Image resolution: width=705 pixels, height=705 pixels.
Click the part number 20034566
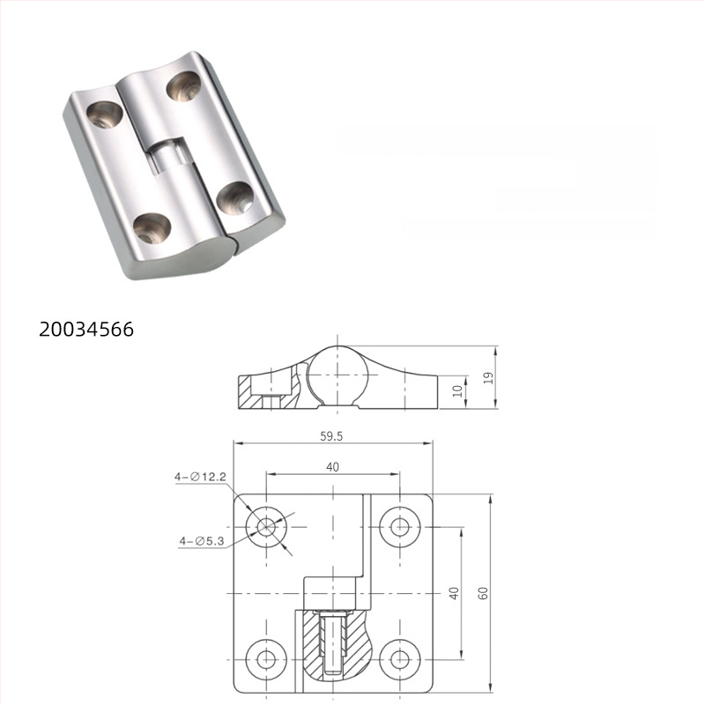85,330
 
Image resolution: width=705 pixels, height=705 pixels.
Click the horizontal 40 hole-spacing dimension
332,467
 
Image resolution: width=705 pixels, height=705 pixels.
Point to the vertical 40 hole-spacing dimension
454,594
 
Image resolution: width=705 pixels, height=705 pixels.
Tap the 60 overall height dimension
483,594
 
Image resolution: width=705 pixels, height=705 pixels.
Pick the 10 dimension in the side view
457,390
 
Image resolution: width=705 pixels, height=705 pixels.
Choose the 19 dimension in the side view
488,377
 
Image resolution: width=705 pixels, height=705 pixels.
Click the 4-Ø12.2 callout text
201,477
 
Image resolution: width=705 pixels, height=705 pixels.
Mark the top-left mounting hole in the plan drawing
266,527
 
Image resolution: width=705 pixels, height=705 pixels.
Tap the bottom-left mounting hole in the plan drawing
266,657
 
